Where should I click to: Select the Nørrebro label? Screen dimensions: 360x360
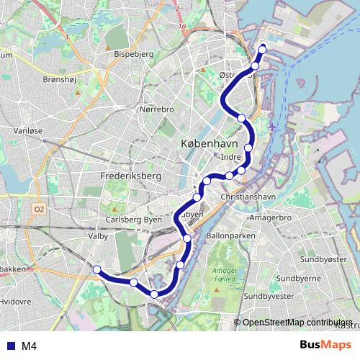[156, 109]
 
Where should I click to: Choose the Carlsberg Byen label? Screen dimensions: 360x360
[133, 219]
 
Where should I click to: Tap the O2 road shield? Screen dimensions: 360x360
[39, 210]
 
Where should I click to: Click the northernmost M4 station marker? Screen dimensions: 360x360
[262, 49]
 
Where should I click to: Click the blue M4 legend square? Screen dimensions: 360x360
[9, 346]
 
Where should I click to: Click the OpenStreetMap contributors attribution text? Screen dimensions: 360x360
[297, 323]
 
